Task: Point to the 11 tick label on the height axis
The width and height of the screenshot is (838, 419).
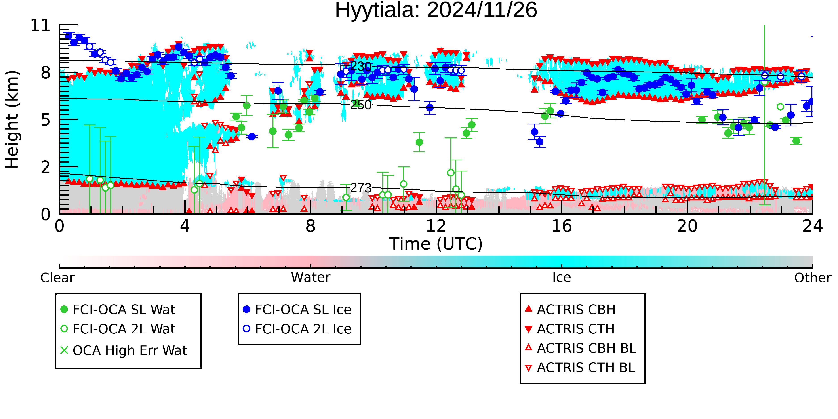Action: [40, 26]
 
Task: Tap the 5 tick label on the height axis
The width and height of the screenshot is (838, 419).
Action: [46, 120]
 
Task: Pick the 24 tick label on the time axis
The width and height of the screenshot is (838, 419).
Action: [812, 226]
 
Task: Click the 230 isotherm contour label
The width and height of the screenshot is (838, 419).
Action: [360, 67]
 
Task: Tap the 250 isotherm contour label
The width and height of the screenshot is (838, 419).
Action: [360, 105]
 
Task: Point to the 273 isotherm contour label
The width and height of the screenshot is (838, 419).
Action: [360, 188]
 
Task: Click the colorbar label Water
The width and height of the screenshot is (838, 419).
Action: [310, 278]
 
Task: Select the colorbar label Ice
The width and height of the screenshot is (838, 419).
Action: [562, 278]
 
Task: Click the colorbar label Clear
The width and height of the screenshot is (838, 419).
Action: [57, 278]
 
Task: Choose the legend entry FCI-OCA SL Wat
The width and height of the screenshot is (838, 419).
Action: [124, 309]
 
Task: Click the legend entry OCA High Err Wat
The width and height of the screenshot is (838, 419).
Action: [129, 350]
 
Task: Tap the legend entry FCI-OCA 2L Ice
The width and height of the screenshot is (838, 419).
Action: [303, 329]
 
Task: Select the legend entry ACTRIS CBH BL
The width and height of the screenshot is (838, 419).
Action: [586, 348]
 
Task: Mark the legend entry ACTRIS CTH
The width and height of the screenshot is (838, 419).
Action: [575, 329]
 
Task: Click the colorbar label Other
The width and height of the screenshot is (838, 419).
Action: [812, 278]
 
